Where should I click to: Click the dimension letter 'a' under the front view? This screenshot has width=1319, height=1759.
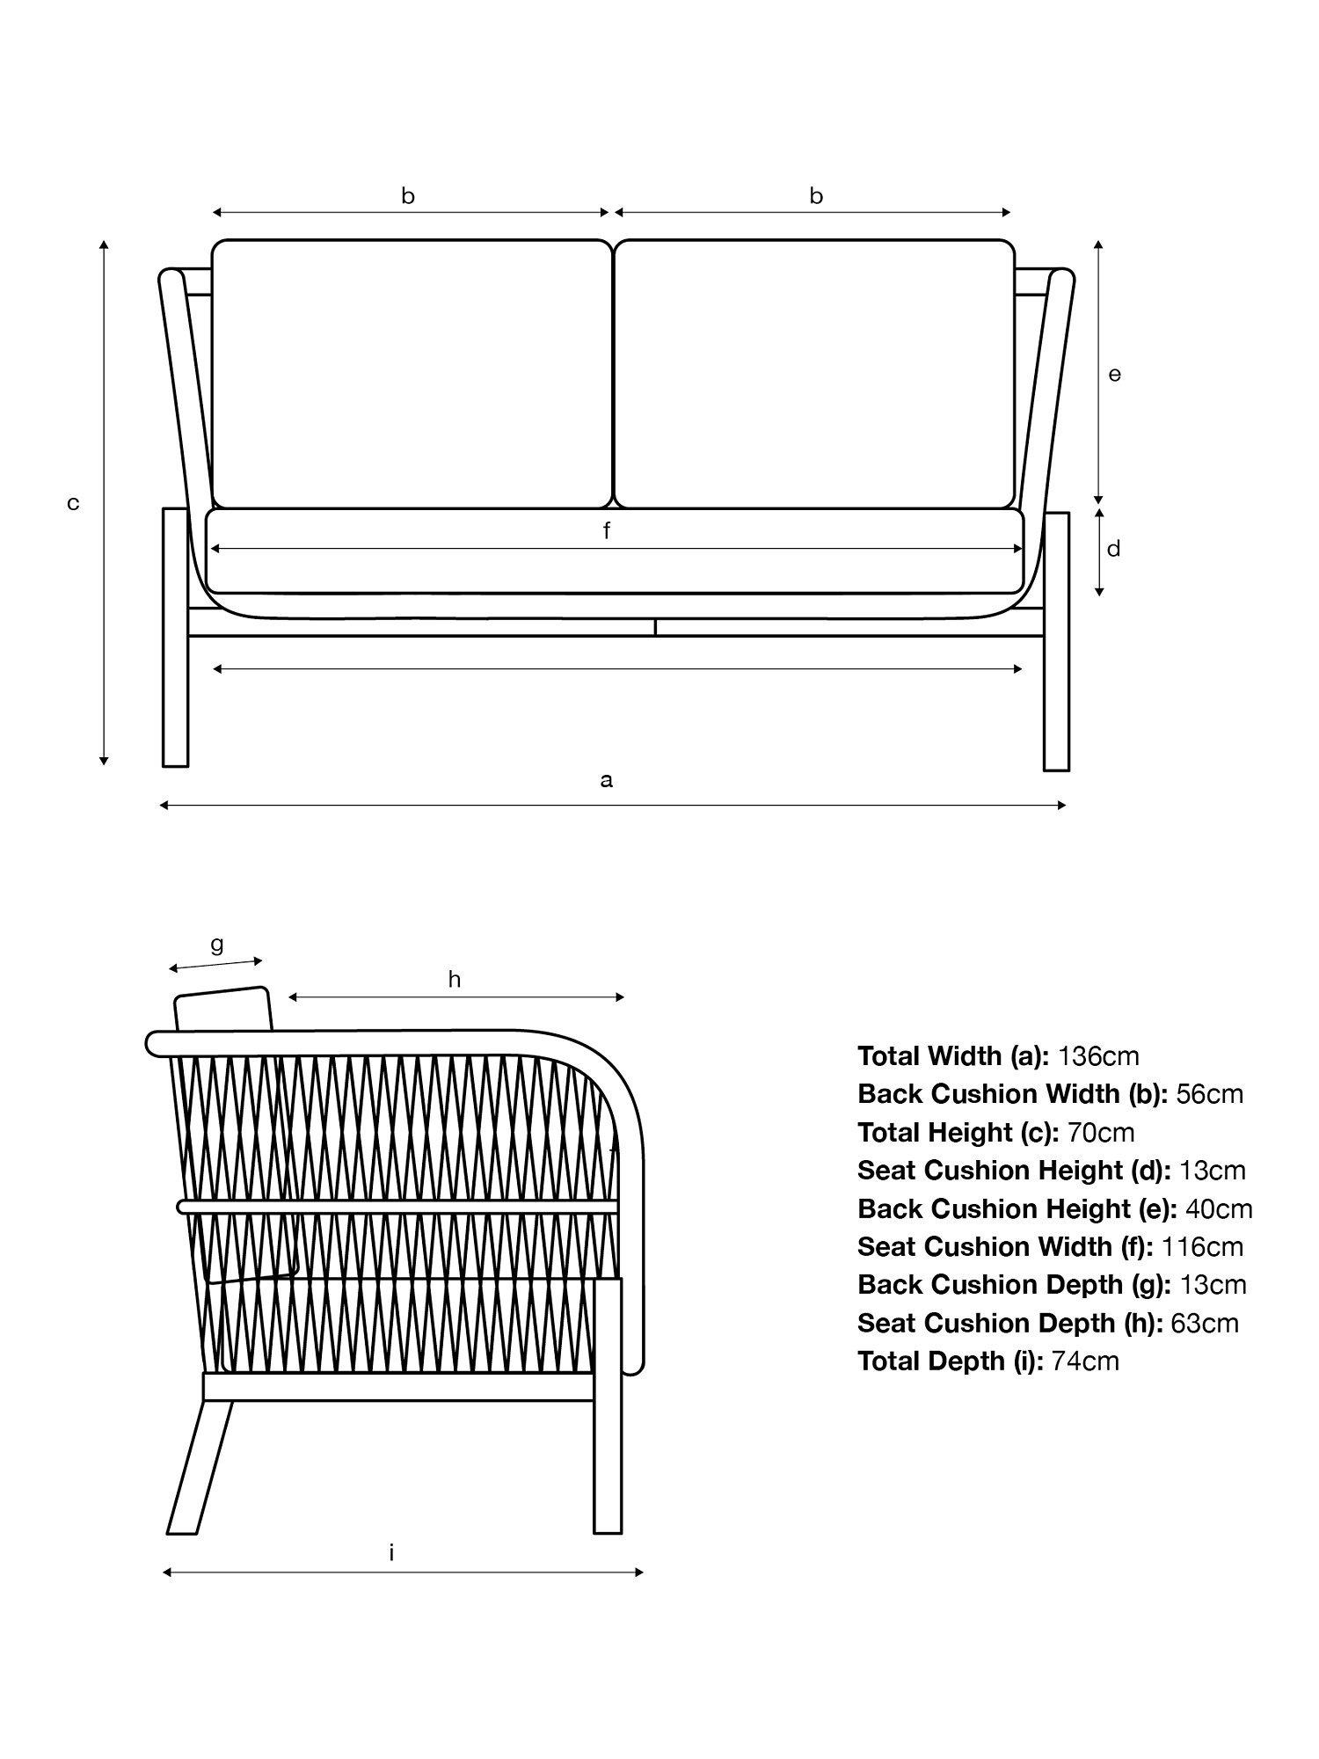pos(606,780)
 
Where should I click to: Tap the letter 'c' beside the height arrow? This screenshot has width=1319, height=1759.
pos(74,503)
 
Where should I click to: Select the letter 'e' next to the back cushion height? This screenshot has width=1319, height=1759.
pos(1114,375)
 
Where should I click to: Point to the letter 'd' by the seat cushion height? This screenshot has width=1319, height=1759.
pos(1113,549)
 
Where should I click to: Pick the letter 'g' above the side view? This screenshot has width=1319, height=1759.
pos(216,945)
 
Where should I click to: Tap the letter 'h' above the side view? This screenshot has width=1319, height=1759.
pos(455,979)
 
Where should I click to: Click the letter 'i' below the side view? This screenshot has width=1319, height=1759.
pos(391,1552)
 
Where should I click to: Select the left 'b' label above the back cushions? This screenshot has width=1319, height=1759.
pos(408,195)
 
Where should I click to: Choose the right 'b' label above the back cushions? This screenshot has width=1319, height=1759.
pos(816,195)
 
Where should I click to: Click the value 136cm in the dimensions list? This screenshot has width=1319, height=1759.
pos(1098,1055)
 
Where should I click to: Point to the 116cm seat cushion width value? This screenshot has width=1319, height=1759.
pos(1202,1246)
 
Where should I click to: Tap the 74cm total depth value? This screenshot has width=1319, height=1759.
pos(1085,1361)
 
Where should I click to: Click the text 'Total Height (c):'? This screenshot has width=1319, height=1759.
pos(958,1132)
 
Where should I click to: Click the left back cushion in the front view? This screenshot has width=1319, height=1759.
pos(412,374)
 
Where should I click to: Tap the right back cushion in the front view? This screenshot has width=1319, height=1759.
pos(814,374)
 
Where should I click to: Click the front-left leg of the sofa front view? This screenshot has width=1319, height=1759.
pos(176,637)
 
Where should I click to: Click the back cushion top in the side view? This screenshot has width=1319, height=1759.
pos(223,1009)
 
